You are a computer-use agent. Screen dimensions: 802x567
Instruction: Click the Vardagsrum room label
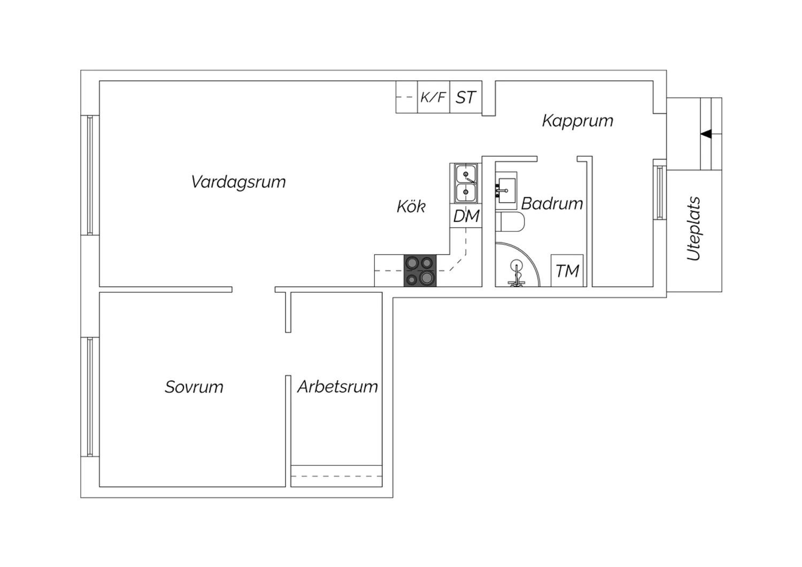coord(238,182)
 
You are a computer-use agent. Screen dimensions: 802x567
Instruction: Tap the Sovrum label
coord(194,387)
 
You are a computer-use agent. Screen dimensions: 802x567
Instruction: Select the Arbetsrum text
coord(337,387)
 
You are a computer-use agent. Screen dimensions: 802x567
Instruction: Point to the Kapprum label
coord(577,121)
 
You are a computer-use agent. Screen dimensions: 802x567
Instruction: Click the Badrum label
coord(552,203)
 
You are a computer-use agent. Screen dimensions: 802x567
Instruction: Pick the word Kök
coord(411,206)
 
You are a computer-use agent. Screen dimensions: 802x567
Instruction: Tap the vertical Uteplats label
coord(694,228)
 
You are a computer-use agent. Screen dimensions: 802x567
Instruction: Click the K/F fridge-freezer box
coord(434,97)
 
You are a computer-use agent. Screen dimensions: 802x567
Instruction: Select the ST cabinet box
coord(466,97)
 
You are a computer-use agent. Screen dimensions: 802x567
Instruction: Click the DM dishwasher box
coord(466,216)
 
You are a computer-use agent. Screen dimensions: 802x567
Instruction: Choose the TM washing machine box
coord(567,271)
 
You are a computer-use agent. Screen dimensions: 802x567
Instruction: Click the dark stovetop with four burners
coord(420,271)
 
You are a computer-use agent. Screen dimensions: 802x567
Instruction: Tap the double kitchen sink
coord(466,183)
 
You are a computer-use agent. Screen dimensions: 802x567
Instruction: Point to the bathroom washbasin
coord(506,190)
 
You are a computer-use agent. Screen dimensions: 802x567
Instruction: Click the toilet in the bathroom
coord(510,222)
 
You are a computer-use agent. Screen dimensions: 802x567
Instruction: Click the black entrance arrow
coord(706,134)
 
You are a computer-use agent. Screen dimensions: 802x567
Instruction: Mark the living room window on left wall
coord(90,175)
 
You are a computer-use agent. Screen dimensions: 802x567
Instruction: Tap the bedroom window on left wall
coord(90,397)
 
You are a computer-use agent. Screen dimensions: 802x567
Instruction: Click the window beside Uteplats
coord(660,193)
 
